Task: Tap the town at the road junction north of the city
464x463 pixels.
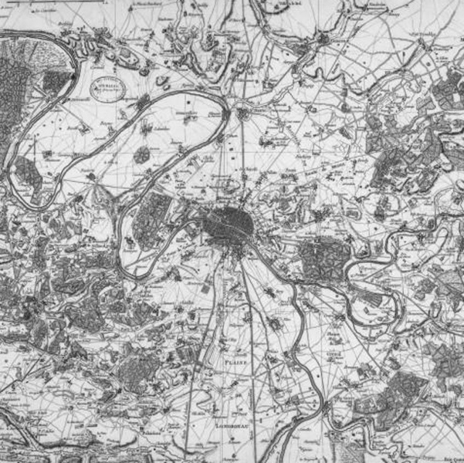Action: [x=243, y=114]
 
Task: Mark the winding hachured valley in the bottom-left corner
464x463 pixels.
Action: [x=31, y=436]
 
